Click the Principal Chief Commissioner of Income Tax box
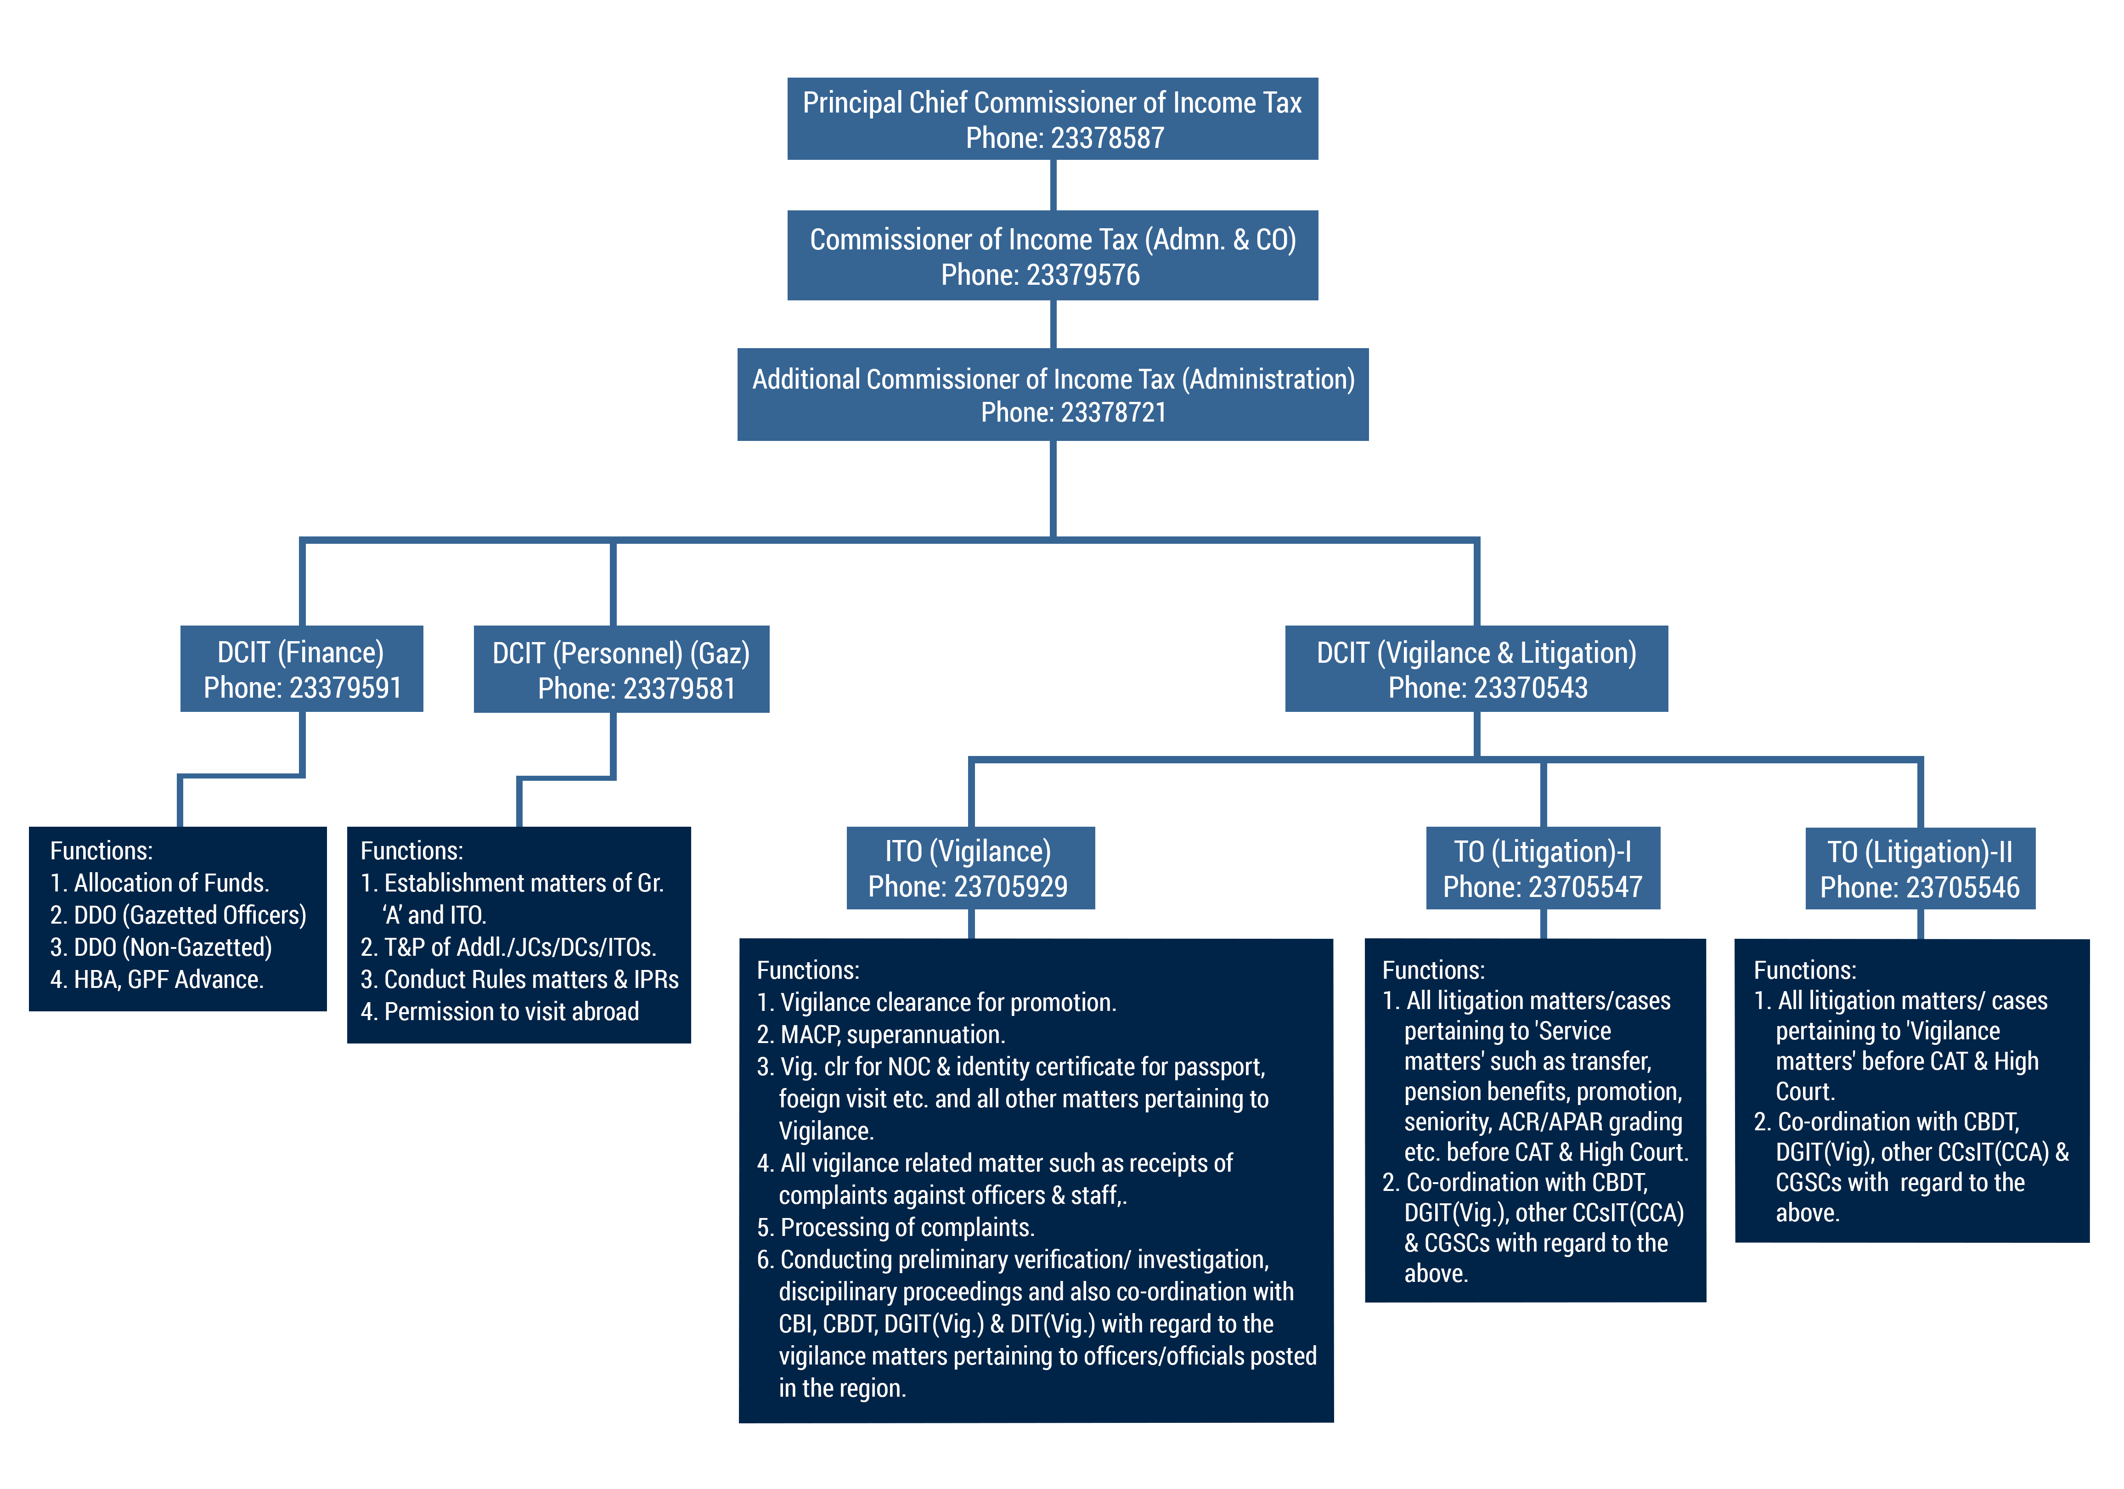(x=1052, y=118)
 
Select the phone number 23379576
(x=1082, y=275)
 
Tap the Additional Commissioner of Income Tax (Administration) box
(x=1052, y=394)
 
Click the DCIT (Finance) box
(x=302, y=668)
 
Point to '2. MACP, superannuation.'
(x=881, y=1035)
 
